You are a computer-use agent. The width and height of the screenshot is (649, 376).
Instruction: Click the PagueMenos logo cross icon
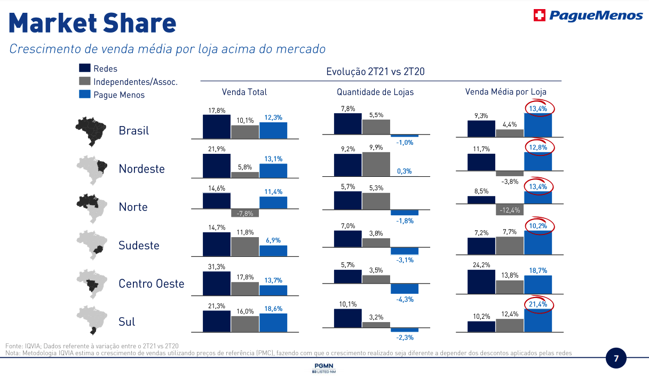pos(540,15)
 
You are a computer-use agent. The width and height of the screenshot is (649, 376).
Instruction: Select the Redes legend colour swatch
pos(84,68)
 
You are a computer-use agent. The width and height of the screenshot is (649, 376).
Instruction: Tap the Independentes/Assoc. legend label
pos(136,82)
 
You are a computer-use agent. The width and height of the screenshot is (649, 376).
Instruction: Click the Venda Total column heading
pos(244,92)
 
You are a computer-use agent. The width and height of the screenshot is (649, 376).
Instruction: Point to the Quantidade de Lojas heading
pos(375,92)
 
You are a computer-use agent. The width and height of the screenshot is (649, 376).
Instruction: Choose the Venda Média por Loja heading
pos(505,92)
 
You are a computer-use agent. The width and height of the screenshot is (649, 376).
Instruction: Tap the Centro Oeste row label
pos(151,284)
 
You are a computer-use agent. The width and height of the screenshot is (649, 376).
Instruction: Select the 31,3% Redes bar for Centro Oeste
pos(217,284)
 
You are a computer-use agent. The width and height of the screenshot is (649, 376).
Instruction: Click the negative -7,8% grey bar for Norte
pos(245,213)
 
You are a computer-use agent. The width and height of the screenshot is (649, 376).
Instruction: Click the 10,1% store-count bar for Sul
pos(348,317)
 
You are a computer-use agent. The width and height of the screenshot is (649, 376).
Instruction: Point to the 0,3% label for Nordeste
pos(405,171)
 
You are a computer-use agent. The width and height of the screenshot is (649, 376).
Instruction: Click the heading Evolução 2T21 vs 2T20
pos(375,72)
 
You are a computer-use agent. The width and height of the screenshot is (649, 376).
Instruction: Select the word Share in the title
pos(137,23)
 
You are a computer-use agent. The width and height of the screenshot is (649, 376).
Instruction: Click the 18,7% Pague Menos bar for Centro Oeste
pos(538,285)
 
